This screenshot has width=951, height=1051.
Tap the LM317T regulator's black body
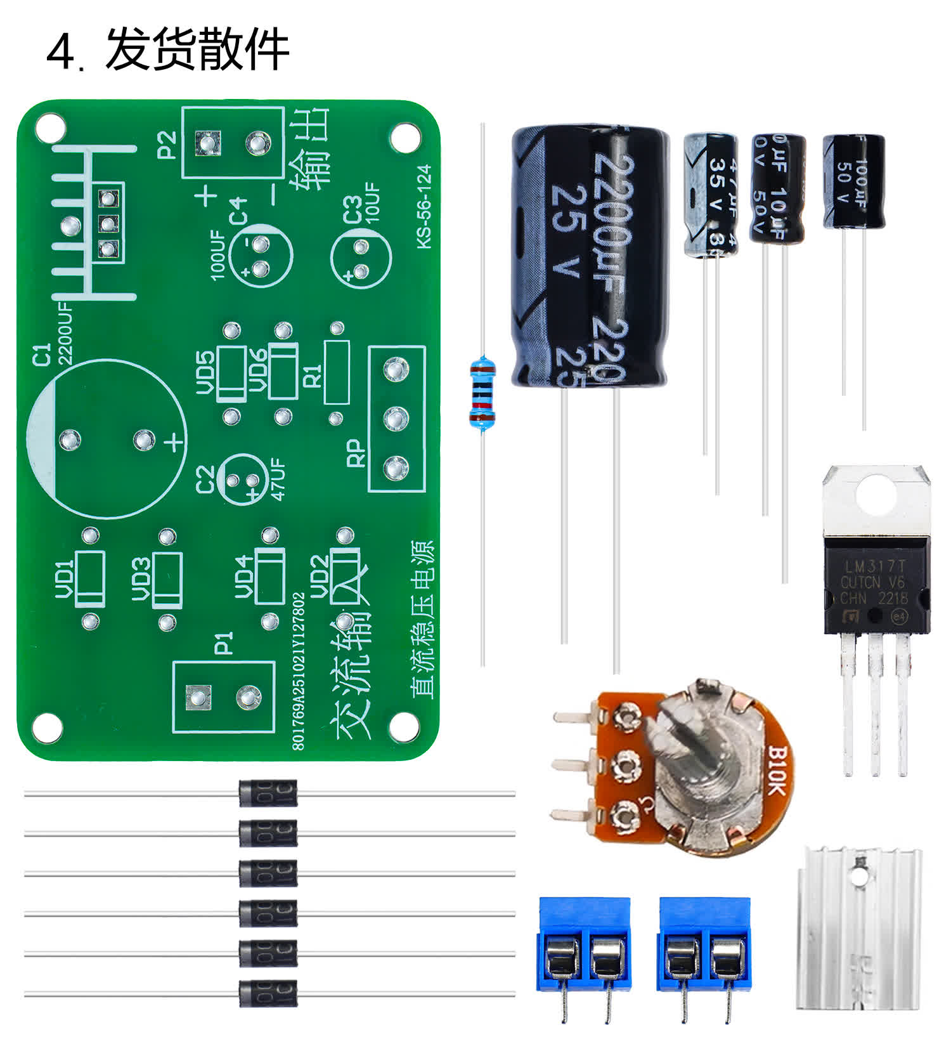click(x=876, y=584)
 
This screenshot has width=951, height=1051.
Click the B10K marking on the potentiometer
click(x=777, y=770)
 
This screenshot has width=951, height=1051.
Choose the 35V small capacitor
click(x=710, y=194)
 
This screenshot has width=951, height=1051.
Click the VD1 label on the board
click(x=65, y=578)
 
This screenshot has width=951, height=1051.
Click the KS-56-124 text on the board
click(x=424, y=206)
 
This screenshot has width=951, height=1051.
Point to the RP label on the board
click(x=356, y=454)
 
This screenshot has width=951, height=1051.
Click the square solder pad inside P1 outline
click(x=198, y=697)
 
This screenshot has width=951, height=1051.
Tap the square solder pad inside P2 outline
click(x=207, y=143)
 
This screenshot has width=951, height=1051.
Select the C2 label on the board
click(x=205, y=480)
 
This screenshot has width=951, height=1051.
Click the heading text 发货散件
click(x=197, y=49)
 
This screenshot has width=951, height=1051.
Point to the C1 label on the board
click(x=41, y=355)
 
